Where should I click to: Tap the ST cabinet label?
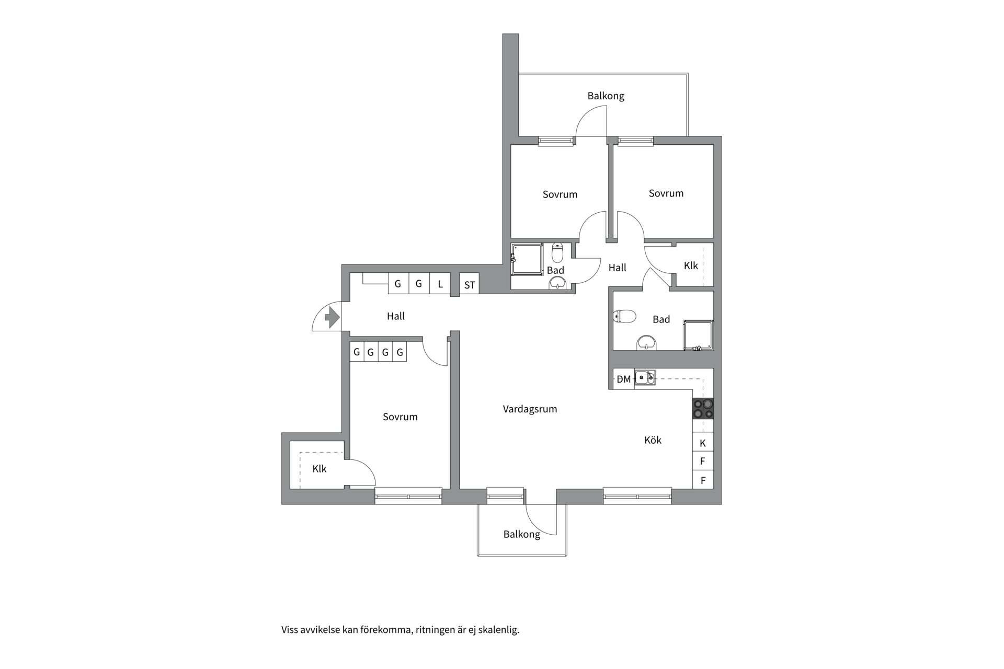[x=470, y=285]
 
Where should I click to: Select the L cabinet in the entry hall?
[x=440, y=284]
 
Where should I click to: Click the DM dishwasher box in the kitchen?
[x=624, y=379]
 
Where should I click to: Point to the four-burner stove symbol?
[x=703, y=408]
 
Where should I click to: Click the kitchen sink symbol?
[x=645, y=377]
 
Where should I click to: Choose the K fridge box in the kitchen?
[x=703, y=443]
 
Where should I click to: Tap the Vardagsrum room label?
[x=530, y=409]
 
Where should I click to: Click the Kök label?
[x=653, y=440]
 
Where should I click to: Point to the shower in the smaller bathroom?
[x=527, y=259]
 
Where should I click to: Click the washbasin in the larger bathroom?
[x=647, y=342]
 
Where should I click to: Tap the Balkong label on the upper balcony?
[x=606, y=96]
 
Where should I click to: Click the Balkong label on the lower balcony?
[x=521, y=534]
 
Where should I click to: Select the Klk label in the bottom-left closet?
[x=319, y=469]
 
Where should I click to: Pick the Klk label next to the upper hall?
[x=691, y=266]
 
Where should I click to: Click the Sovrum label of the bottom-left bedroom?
[x=400, y=417]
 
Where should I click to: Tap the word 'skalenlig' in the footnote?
[x=499, y=630]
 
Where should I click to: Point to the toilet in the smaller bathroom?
[x=557, y=252]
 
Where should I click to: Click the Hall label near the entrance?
[x=396, y=316]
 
